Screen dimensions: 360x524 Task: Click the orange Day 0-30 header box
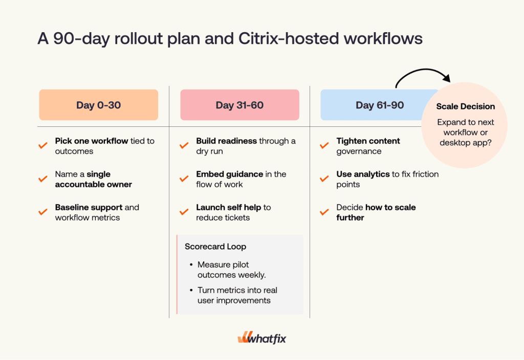99,105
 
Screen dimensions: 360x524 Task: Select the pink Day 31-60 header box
239,105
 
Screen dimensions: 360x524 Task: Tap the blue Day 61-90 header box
374,105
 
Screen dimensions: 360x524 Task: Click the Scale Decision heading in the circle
465,106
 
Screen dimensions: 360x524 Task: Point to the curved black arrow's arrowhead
446,78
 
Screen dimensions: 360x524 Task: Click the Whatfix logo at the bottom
261,339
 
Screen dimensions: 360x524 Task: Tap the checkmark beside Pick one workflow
43,146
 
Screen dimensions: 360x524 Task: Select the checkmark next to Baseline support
43,212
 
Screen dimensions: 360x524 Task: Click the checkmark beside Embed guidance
184,179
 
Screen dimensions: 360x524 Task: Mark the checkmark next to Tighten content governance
324,146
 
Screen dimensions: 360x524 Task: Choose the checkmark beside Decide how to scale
324,212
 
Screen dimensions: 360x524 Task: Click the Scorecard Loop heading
215,246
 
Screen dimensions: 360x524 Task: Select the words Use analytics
363,174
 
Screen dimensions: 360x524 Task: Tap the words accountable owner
94,184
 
